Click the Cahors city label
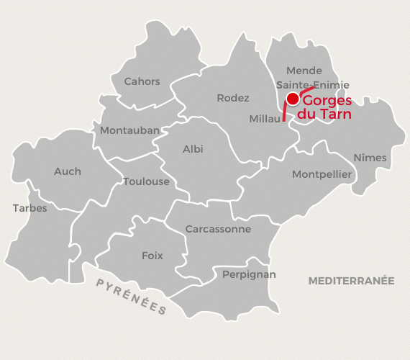point(142,82)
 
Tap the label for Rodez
point(232,98)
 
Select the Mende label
point(304,71)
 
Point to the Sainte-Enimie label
point(312,85)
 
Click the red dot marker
point(292,99)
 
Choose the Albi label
point(193,149)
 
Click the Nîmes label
point(370,158)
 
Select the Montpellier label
point(322,174)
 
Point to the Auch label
point(68,171)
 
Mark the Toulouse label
point(146,181)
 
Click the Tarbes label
point(29,209)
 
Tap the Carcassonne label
point(218,229)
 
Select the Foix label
point(152,256)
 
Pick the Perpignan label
point(249,274)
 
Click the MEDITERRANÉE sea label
point(351,281)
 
